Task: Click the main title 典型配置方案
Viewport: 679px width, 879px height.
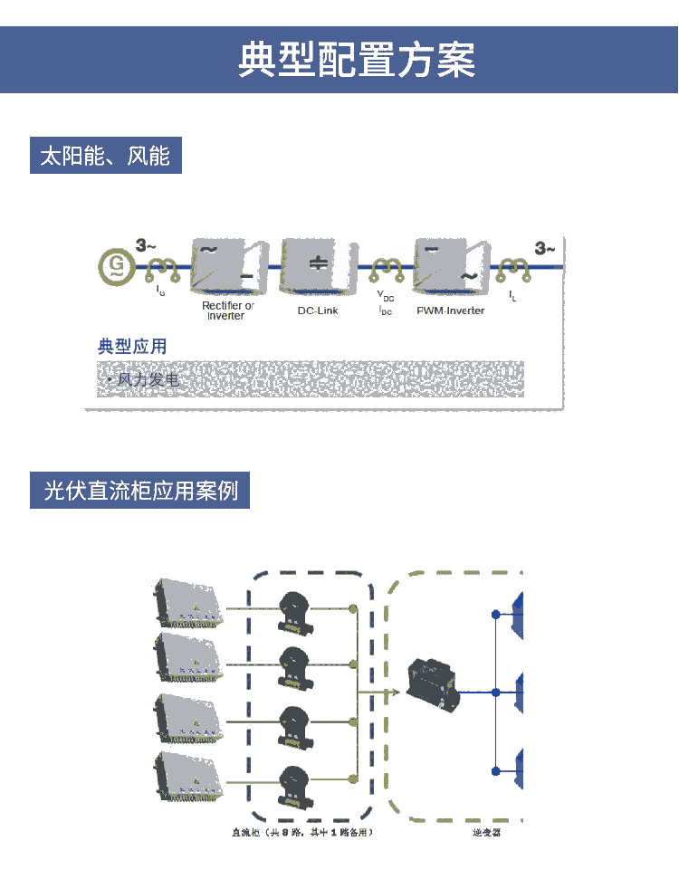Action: (x=356, y=60)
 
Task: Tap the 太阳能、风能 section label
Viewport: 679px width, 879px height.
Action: (x=105, y=156)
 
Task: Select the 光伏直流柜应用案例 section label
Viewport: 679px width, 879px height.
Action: (x=139, y=491)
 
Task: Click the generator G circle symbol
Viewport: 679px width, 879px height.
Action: (x=117, y=265)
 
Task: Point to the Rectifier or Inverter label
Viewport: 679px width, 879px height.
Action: (x=227, y=311)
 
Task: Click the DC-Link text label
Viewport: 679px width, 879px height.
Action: (x=317, y=311)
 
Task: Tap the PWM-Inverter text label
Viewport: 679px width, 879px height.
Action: (x=450, y=311)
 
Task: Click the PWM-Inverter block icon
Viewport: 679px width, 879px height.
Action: (x=448, y=265)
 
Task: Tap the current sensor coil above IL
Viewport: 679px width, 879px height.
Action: (x=512, y=267)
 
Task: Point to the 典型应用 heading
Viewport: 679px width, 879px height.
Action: (x=132, y=346)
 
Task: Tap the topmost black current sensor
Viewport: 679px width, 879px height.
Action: (x=296, y=608)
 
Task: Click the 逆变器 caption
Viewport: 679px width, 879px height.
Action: (x=486, y=832)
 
